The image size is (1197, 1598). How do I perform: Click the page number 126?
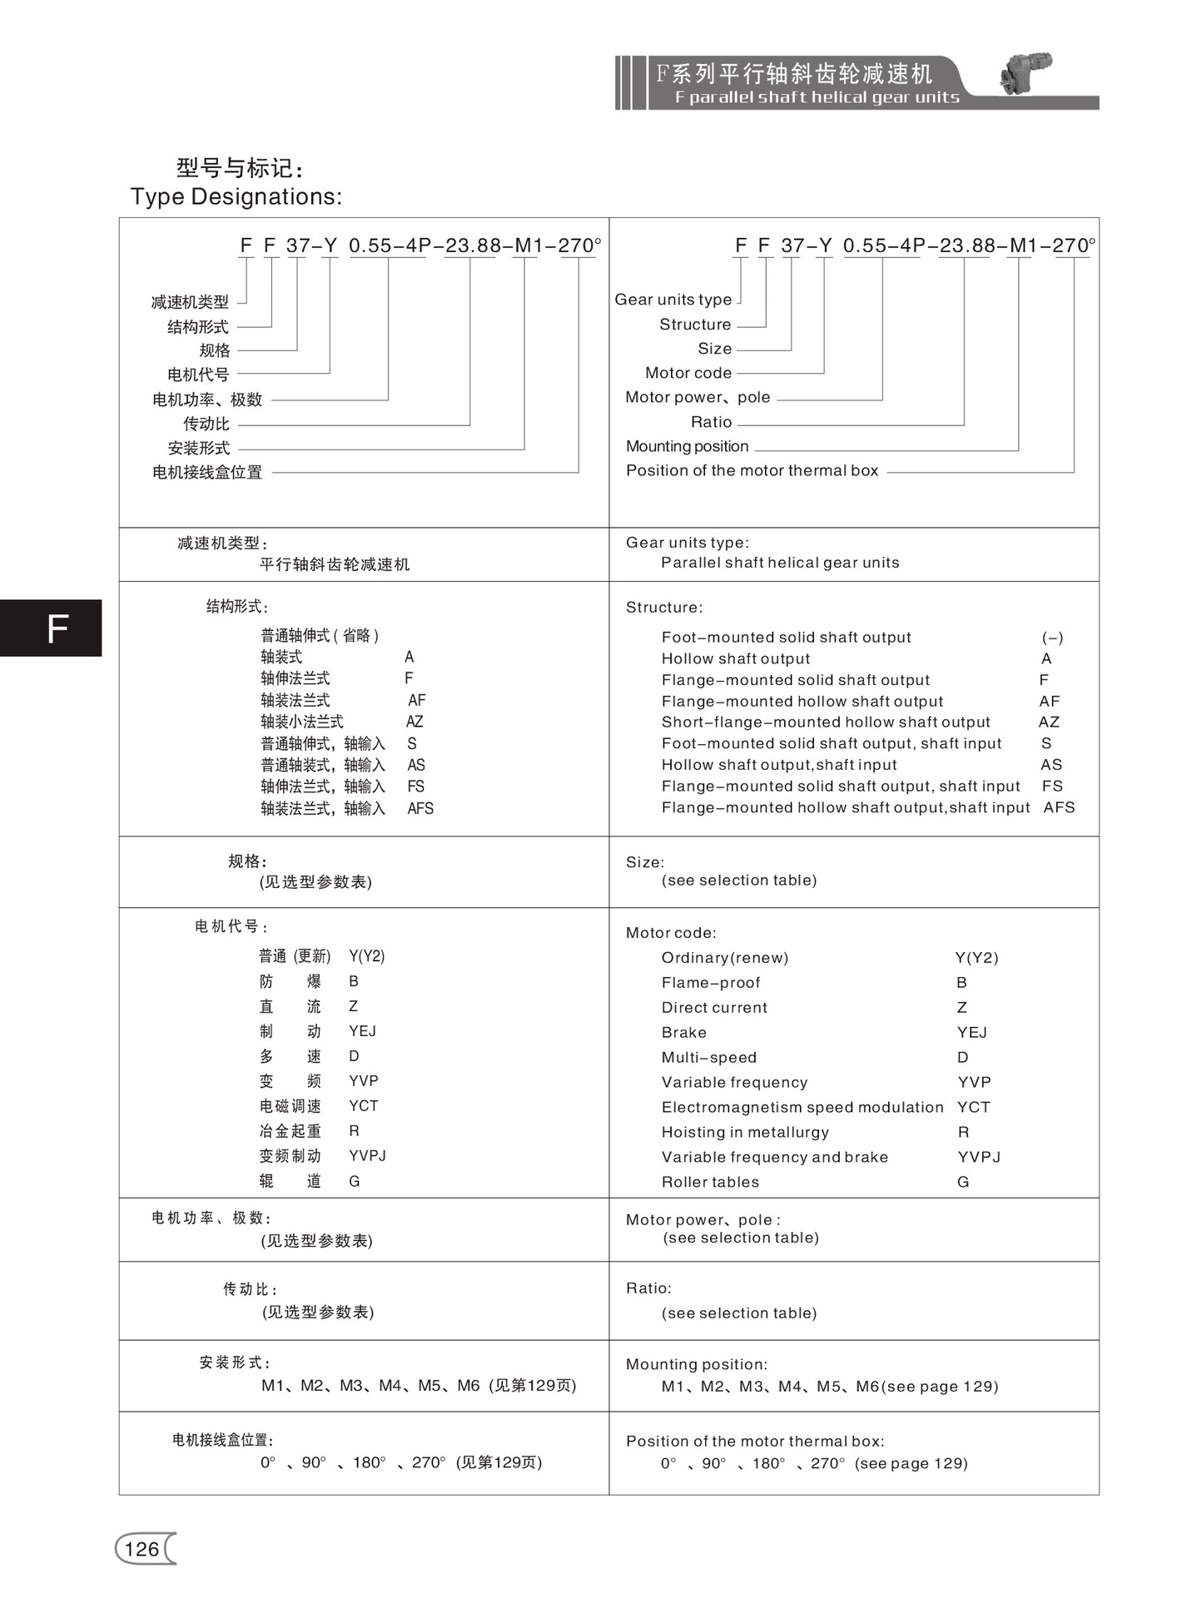coord(142,1549)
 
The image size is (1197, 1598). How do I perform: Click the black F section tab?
coord(51,628)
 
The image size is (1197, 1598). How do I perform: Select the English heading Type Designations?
coord(236,196)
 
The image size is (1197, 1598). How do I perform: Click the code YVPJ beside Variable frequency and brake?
coord(979,1157)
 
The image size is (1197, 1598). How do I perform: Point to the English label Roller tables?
coord(710,1182)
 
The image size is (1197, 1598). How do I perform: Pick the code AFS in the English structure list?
coord(1059,807)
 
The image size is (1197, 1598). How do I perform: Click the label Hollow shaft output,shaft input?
coord(779,765)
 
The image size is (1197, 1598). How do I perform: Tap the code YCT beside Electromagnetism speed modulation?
coord(973,1107)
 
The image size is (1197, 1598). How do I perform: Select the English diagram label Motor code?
coord(688,373)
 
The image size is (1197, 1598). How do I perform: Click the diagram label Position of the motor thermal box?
coord(752,470)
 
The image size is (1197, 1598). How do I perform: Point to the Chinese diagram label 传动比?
coord(206,424)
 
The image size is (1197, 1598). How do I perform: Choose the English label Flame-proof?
coord(711,983)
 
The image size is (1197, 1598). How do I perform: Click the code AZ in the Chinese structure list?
coord(415,722)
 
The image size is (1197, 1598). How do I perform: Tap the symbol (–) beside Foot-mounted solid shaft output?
coord(1052,638)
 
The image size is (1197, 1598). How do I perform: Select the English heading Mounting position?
coord(697,1364)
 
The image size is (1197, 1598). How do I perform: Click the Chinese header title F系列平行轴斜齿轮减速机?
coord(794,73)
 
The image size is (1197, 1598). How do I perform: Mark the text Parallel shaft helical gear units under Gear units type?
coord(780,563)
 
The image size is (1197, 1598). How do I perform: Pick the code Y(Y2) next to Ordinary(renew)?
coord(976,958)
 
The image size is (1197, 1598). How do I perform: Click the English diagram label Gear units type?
coord(673,300)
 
